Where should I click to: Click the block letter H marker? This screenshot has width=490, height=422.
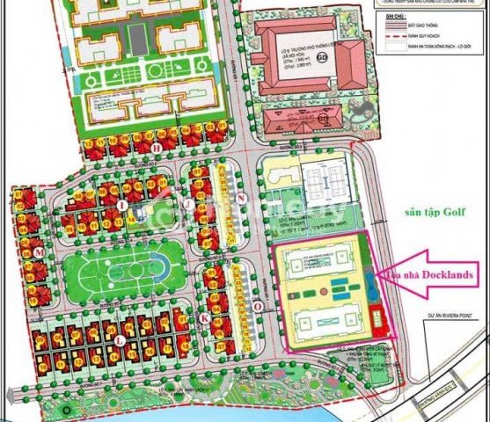click(x=156, y=149)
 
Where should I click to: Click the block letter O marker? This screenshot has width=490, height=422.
click(x=254, y=308)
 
